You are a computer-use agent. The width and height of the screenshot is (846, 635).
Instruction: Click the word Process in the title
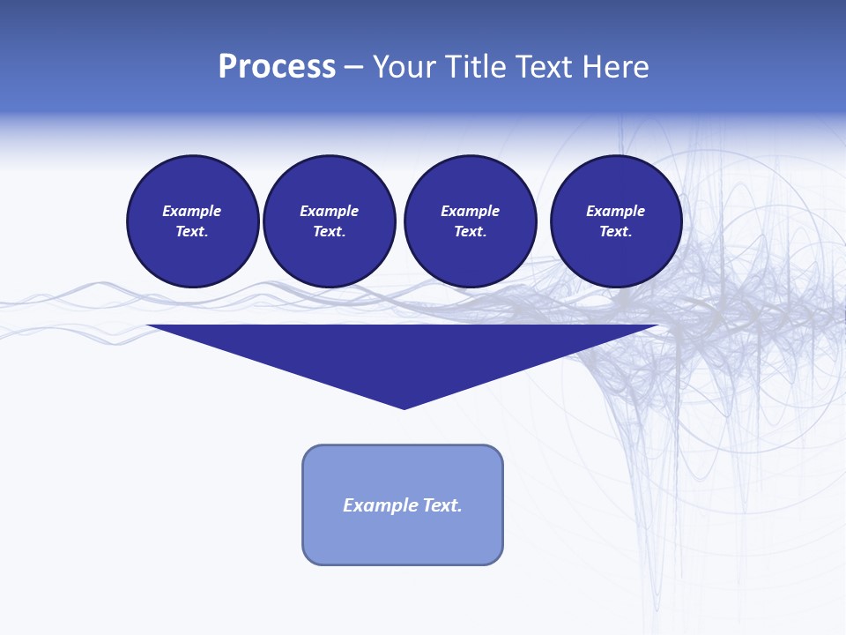(277, 67)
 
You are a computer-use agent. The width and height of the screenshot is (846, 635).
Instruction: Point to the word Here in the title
(620, 67)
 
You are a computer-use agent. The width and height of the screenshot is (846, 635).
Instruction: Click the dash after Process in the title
(353, 68)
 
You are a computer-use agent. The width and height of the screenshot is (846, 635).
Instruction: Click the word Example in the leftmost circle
(192, 211)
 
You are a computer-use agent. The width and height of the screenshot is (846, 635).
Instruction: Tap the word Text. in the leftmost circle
(192, 231)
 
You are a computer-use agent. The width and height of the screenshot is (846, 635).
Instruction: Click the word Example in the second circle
(329, 211)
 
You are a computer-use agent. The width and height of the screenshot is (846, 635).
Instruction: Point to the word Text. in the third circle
(470, 231)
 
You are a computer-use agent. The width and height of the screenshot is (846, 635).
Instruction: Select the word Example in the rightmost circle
(616, 211)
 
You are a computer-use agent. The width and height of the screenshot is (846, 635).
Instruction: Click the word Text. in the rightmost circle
(616, 231)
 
